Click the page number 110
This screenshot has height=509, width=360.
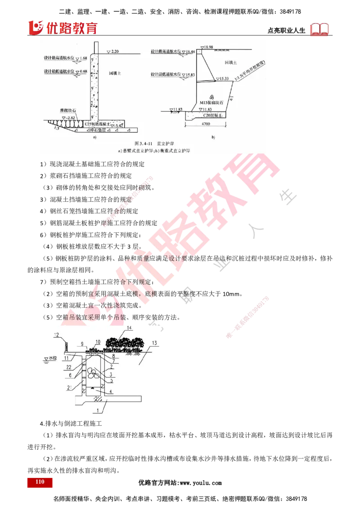[x=39, y=482]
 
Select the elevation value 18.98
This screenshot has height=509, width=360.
[x=208, y=47]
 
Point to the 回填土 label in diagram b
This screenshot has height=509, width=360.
[x=220, y=63]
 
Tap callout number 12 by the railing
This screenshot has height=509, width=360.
[x=56, y=334]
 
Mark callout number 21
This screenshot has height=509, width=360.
[x=68, y=387]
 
